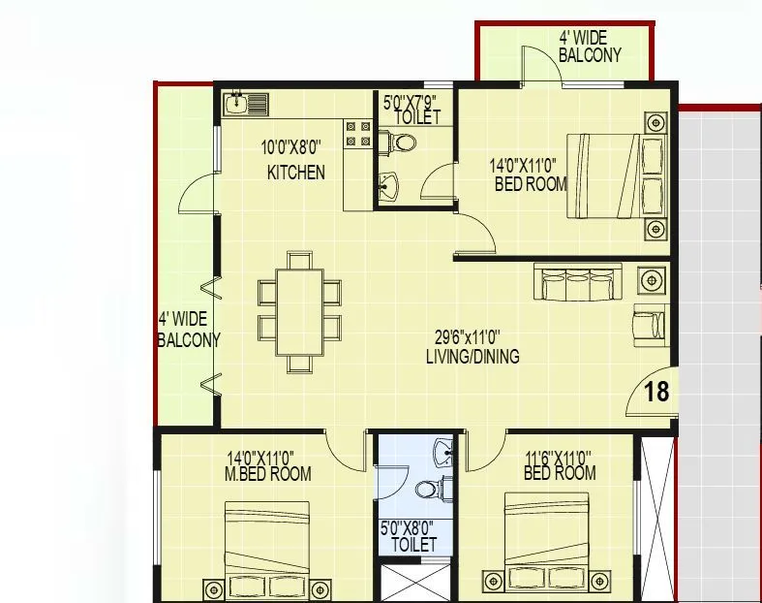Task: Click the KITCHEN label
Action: coord(295,174)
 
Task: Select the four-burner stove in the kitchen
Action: coord(357,135)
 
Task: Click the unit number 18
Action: coord(655,392)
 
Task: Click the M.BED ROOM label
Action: coord(268,474)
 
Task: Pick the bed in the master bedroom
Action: coord(266,543)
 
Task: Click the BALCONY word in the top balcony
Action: coord(590,55)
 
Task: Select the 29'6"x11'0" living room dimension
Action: coord(467,338)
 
